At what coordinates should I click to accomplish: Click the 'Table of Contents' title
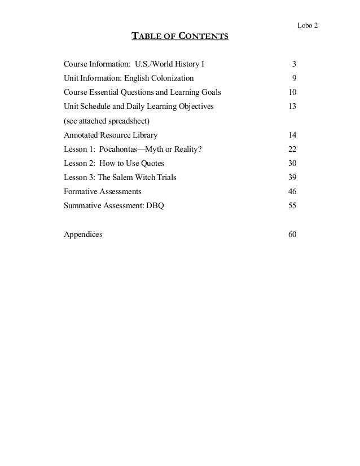click(179, 38)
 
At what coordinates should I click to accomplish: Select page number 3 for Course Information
click(294, 63)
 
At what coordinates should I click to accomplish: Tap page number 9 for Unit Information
click(294, 77)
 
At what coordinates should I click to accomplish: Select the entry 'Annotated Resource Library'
click(111, 135)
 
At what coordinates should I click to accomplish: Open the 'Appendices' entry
click(83, 235)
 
